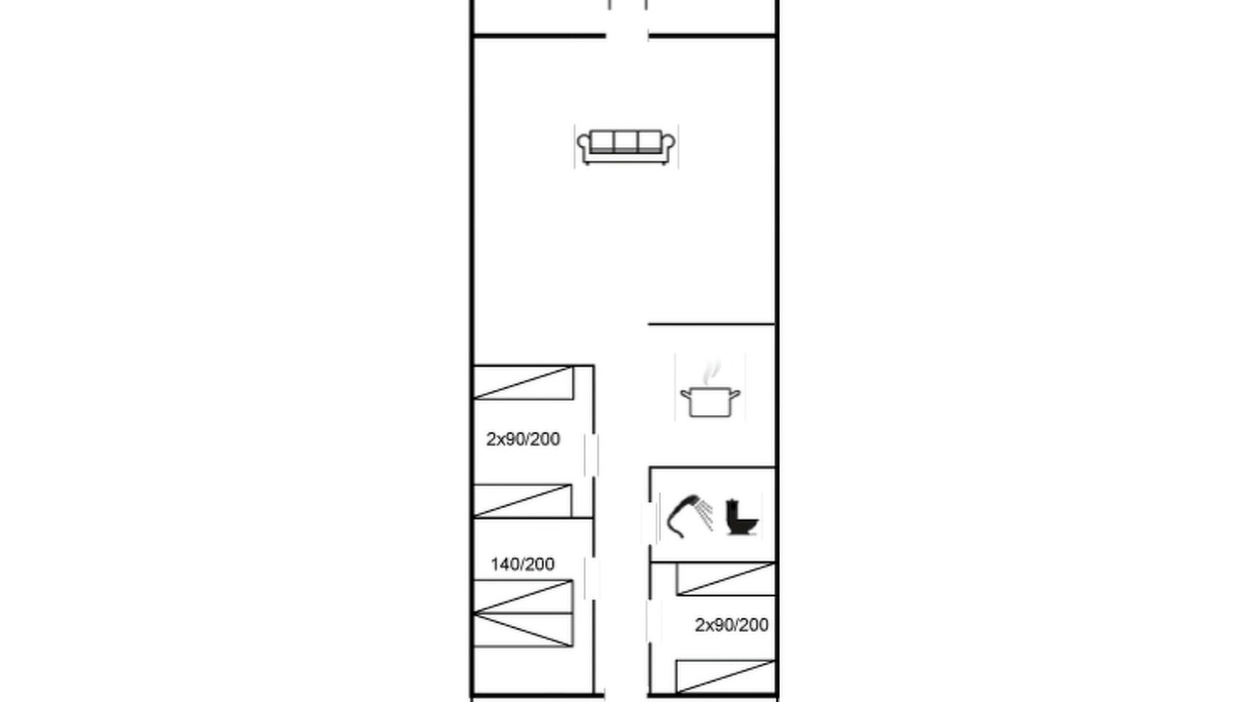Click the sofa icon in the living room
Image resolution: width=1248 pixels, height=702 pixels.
(626, 147)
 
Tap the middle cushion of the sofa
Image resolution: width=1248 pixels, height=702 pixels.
(626, 141)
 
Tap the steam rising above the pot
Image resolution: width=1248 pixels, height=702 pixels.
(711, 372)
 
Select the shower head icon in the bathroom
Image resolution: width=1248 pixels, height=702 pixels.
(689, 516)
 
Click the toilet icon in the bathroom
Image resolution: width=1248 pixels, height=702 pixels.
(742, 518)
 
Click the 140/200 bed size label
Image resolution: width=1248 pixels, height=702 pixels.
(523, 565)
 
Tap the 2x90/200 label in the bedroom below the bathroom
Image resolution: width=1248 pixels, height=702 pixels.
(731, 625)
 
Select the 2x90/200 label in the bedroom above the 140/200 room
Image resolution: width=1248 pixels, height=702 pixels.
(524, 439)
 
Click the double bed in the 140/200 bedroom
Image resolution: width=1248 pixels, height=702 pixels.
(524, 613)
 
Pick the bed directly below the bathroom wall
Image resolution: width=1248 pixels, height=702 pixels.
(726, 579)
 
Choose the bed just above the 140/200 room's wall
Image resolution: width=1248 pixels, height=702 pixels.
(523, 501)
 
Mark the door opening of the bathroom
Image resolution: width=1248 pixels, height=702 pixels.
(649, 524)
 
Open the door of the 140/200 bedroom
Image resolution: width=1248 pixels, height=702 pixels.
(592, 578)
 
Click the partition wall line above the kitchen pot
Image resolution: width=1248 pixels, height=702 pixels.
(712, 324)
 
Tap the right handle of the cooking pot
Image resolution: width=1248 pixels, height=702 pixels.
(735, 396)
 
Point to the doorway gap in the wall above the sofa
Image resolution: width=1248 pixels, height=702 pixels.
(627, 36)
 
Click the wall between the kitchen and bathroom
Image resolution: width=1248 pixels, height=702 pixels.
(713, 467)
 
